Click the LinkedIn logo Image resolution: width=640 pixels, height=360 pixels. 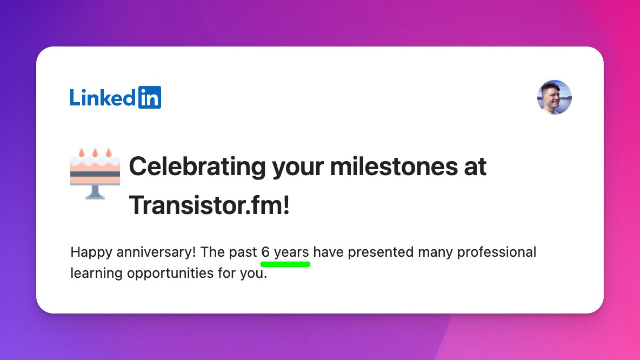[116, 97]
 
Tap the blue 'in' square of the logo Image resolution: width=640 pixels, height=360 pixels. [149, 97]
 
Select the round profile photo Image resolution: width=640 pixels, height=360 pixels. [554, 97]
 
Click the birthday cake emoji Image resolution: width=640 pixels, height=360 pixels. [95, 174]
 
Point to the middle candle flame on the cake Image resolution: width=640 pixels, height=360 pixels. [95, 152]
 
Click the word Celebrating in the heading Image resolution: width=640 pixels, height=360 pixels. [197, 166]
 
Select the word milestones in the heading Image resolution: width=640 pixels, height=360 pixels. [394, 166]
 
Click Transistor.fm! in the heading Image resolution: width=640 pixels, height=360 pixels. [209, 205]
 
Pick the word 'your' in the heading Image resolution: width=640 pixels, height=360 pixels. [298, 168]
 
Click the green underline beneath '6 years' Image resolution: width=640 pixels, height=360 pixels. [285, 264]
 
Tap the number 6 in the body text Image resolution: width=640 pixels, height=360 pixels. [265, 252]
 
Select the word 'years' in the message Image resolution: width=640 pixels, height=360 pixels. [291, 252]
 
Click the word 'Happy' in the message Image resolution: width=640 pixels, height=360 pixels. [91, 252]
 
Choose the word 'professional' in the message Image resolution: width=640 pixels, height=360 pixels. [496, 252]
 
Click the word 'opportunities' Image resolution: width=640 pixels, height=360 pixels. [170, 274]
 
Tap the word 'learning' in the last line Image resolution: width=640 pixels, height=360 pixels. [96, 274]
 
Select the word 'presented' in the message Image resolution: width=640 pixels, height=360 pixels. [381, 252]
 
